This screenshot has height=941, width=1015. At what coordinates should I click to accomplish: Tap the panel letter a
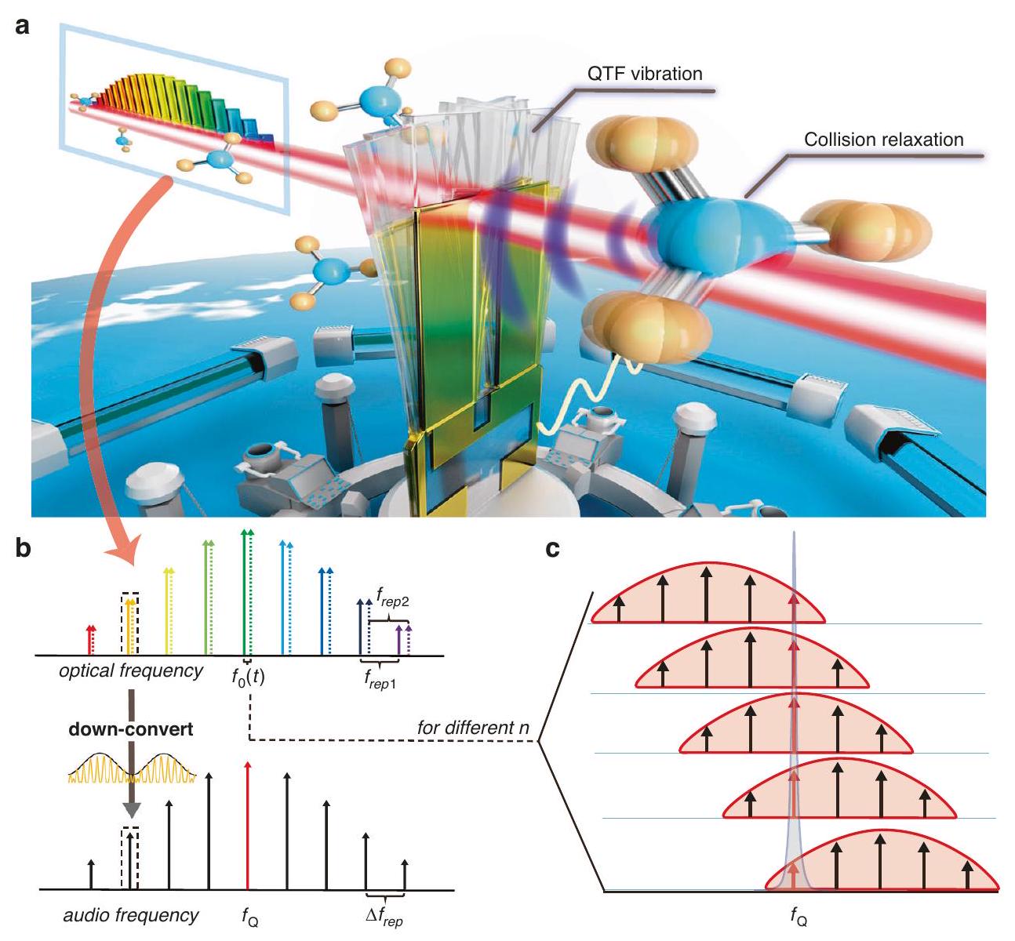(x=24, y=26)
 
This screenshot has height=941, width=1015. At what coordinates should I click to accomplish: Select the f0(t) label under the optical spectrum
(x=247, y=674)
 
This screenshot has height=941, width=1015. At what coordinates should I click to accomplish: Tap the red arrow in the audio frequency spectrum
(x=248, y=823)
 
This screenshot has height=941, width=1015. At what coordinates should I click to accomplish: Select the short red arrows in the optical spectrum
(x=91, y=639)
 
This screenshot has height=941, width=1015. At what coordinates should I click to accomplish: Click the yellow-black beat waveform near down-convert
(x=130, y=769)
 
